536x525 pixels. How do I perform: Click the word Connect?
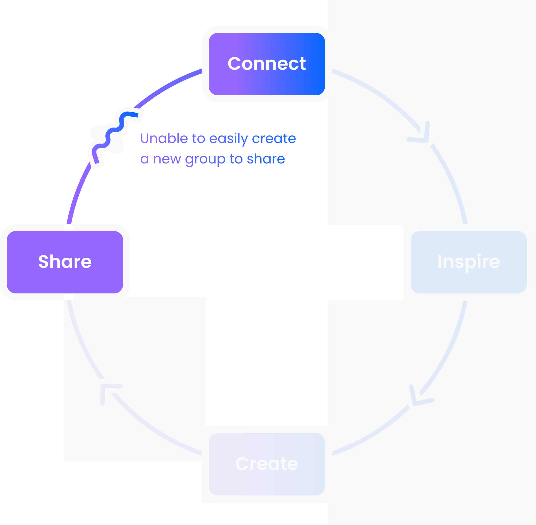click(267, 64)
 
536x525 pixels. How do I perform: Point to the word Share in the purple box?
click(65, 261)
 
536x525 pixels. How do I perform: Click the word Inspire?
click(469, 262)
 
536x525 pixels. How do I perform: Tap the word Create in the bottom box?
click(267, 464)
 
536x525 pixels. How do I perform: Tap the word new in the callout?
click(167, 159)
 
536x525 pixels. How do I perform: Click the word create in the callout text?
click(274, 138)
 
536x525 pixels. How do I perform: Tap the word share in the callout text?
click(266, 159)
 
